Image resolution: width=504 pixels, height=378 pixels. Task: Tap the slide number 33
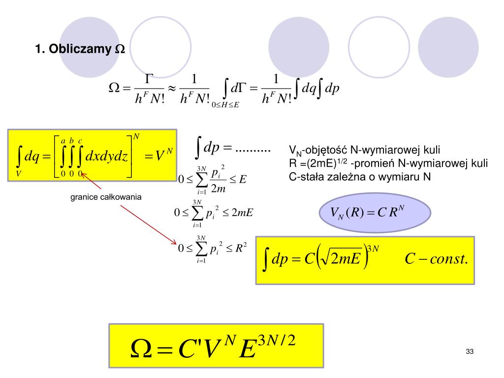[469, 351]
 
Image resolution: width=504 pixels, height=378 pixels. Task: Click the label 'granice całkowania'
[106, 197]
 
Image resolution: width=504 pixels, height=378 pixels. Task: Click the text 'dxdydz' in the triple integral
[107, 157]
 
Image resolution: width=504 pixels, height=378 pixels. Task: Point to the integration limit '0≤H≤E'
[225, 104]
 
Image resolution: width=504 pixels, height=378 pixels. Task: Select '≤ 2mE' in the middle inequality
[238, 213]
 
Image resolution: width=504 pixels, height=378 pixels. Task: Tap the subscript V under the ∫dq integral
[18, 173]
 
